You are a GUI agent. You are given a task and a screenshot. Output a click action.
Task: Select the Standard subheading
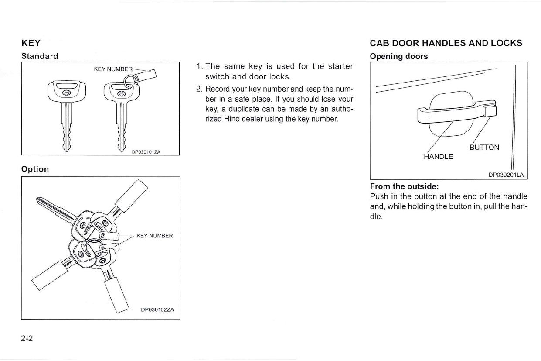[x=40, y=56]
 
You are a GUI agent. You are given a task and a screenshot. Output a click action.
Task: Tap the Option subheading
[x=35, y=169]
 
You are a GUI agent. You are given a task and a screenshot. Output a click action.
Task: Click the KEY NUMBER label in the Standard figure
[x=113, y=69]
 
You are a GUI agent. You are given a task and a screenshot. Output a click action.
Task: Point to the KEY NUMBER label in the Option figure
[x=154, y=236]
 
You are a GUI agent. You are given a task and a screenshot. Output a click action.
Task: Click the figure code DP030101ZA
[x=146, y=152]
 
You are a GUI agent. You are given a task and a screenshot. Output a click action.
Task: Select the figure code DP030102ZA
[x=157, y=309]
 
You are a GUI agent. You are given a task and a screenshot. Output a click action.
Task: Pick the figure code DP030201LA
[x=505, y=175]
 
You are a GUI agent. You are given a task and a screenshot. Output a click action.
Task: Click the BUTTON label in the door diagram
[x=484, y=148]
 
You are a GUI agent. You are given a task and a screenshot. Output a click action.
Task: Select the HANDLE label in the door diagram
[x=438, y=156]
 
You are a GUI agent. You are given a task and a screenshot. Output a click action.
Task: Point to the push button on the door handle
[x=490, y=110]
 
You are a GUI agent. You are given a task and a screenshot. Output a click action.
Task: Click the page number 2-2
[x=27, y=339]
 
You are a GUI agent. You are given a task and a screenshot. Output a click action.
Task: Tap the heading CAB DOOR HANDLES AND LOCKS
[x=446, y=43]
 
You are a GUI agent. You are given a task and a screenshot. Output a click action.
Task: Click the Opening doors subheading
[x=398, y=56]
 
